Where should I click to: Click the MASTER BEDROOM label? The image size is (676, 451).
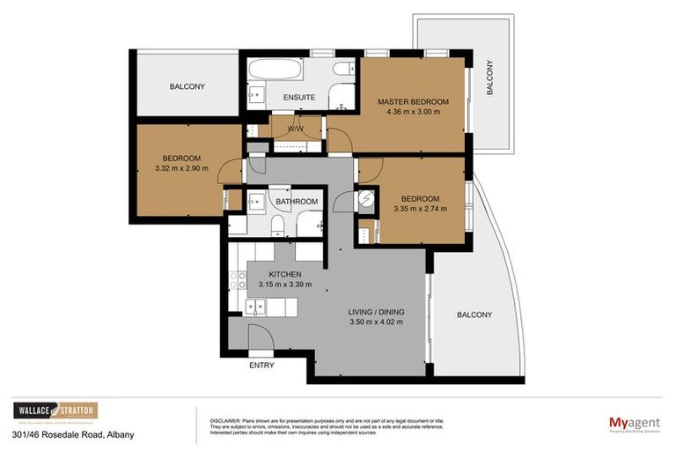point(413,102)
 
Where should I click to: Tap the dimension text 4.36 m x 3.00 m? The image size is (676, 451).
point(413,113)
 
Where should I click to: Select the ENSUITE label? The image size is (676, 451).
point(287,97)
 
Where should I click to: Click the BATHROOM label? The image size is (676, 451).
point(297,202)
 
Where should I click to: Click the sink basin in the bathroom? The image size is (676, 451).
point(255,202)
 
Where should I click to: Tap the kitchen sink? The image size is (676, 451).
point(256,307)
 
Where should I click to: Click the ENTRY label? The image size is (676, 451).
point(261,365)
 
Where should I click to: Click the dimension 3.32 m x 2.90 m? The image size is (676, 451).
point(181,168)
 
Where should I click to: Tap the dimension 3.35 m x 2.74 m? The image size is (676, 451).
point(420,209)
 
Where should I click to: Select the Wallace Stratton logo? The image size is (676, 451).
point(55,411)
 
